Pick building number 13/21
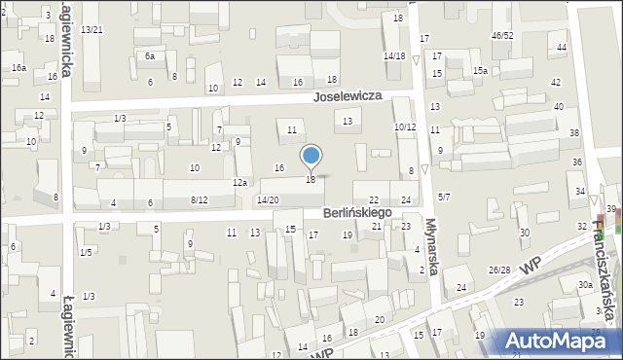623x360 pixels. (x=92, y=30)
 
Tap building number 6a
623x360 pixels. (x=150, y=56)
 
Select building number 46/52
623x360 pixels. (x=502, y=36)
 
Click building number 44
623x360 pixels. (x=562, y=48)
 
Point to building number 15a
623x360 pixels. (x=480, y=71)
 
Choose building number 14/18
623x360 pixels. (x=394, y=56)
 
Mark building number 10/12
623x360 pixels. (x=405, y=127)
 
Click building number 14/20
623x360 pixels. (x=268, y=199)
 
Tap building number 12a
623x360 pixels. (x=239, y=183)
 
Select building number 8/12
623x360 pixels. (x=199, y=200)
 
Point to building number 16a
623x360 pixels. (x=18, y=68)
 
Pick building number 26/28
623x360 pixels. (x=499, y=270)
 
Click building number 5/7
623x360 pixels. (x=444, y=198)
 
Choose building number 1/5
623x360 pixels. (x=87, y=253)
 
